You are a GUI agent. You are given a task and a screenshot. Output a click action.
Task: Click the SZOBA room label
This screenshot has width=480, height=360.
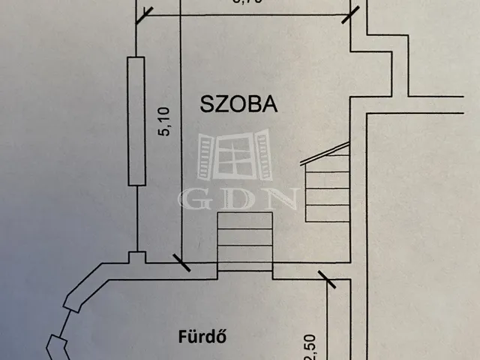[239, 104]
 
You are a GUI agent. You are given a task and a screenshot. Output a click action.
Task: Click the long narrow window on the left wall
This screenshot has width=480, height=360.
[136, 121]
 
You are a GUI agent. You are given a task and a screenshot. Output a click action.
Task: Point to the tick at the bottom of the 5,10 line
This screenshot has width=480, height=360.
[181, 262]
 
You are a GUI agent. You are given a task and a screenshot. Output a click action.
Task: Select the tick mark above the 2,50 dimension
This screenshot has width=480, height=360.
[327, 280]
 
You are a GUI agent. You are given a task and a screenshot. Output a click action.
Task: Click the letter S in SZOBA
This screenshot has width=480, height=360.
[205, 104]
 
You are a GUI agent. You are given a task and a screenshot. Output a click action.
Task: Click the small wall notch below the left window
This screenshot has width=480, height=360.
[136, 258]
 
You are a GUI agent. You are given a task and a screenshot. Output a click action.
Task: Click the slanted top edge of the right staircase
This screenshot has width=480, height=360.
[328, 151]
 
